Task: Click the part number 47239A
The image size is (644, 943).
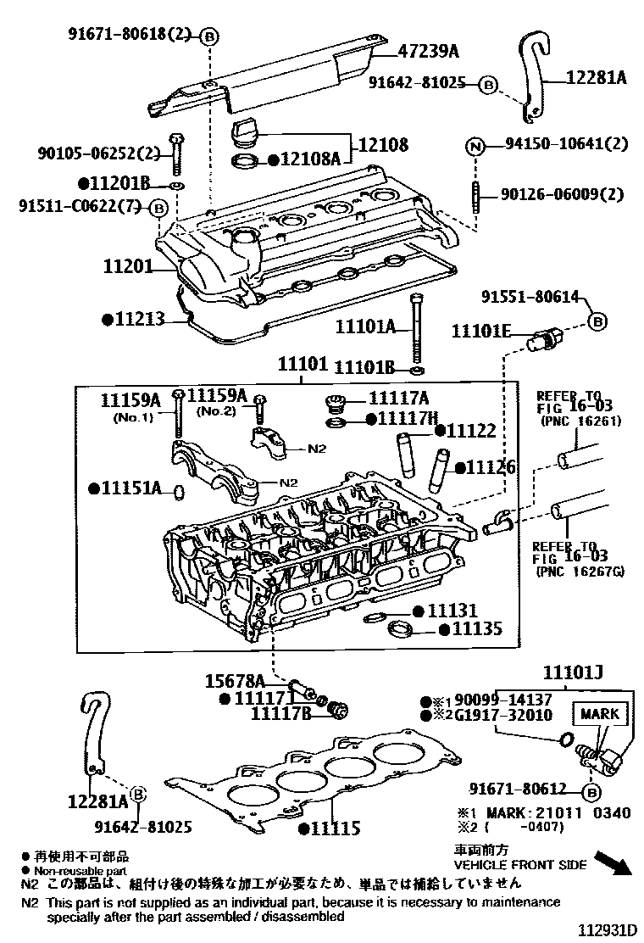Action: [x=428, y=52]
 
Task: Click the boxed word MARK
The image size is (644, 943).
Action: [x=599, y=714]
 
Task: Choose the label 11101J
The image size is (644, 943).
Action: [x=573, y=674]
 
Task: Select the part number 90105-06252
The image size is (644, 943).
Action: [x=98, y=153]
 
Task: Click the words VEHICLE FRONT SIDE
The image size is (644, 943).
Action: [x=520, y=865]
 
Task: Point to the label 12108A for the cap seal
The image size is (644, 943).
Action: [x=310, y=159]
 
